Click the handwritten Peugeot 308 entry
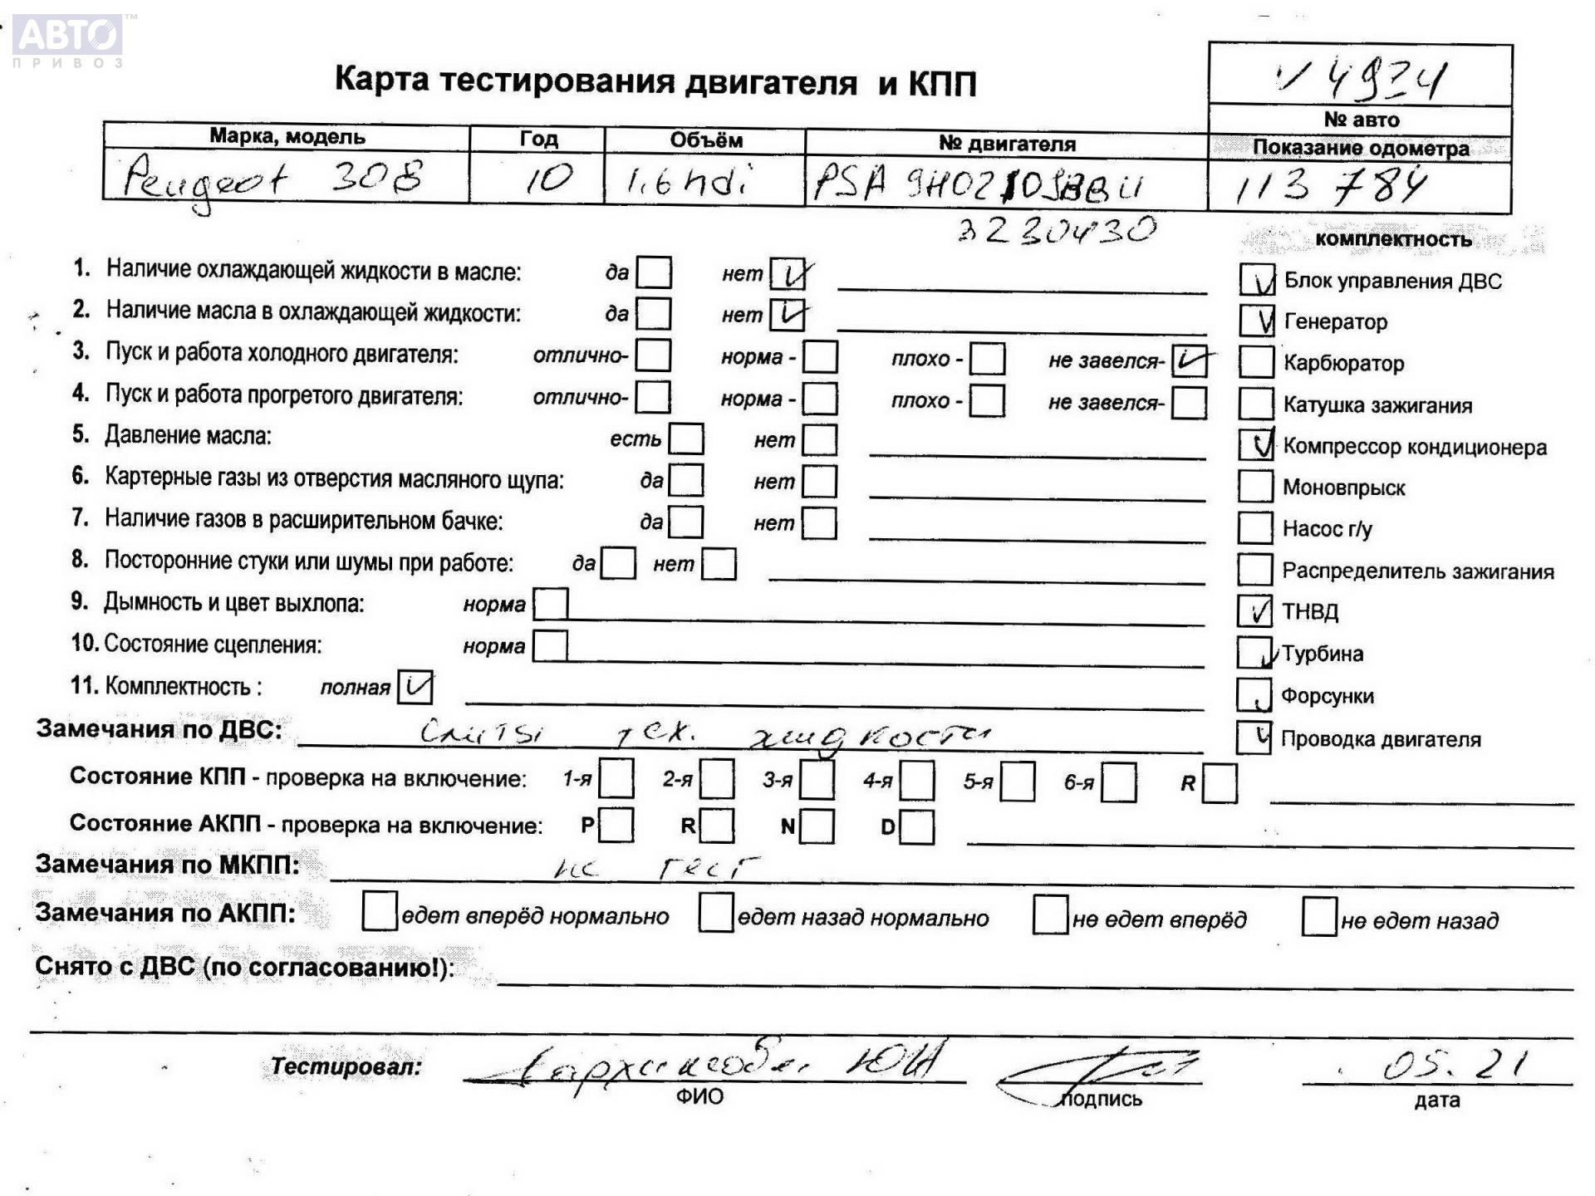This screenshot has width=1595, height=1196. click(274, 179)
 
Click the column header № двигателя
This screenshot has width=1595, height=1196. click(1007, 144)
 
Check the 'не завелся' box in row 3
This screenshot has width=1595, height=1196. click(1189, 361)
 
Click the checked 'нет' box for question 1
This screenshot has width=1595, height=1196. click(787, 274)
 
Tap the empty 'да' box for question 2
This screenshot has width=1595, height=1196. click(654, 314)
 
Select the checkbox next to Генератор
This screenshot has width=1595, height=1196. click(1256, 321)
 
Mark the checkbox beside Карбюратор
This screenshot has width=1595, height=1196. click(1256, 362)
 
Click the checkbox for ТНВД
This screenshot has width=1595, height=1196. click(1254, 611)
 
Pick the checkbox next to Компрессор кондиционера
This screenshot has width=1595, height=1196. click(1256, 445)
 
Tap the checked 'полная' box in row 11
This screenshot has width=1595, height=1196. click(415, 687)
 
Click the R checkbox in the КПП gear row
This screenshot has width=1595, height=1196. click(1220, 783)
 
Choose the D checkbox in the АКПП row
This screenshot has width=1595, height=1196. click(917, 826)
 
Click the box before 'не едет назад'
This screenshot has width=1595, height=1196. click(1319, 917)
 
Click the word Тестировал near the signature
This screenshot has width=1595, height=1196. click(346, 1066)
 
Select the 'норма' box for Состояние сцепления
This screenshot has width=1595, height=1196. click(550, 646)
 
